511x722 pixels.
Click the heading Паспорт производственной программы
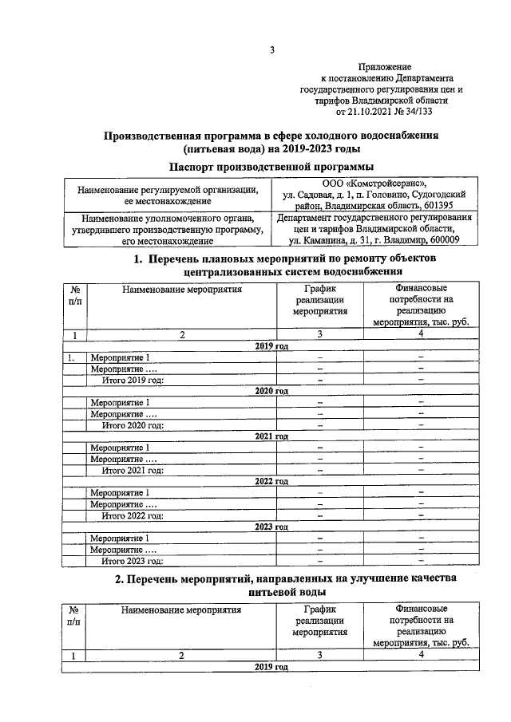tap(271, 167)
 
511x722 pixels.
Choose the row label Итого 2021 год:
tap(132, 470)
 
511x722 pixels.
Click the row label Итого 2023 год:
tap(132, 561)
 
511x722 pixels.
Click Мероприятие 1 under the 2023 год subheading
tap(119, 539)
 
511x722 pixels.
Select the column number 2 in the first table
tap(181, 335)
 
